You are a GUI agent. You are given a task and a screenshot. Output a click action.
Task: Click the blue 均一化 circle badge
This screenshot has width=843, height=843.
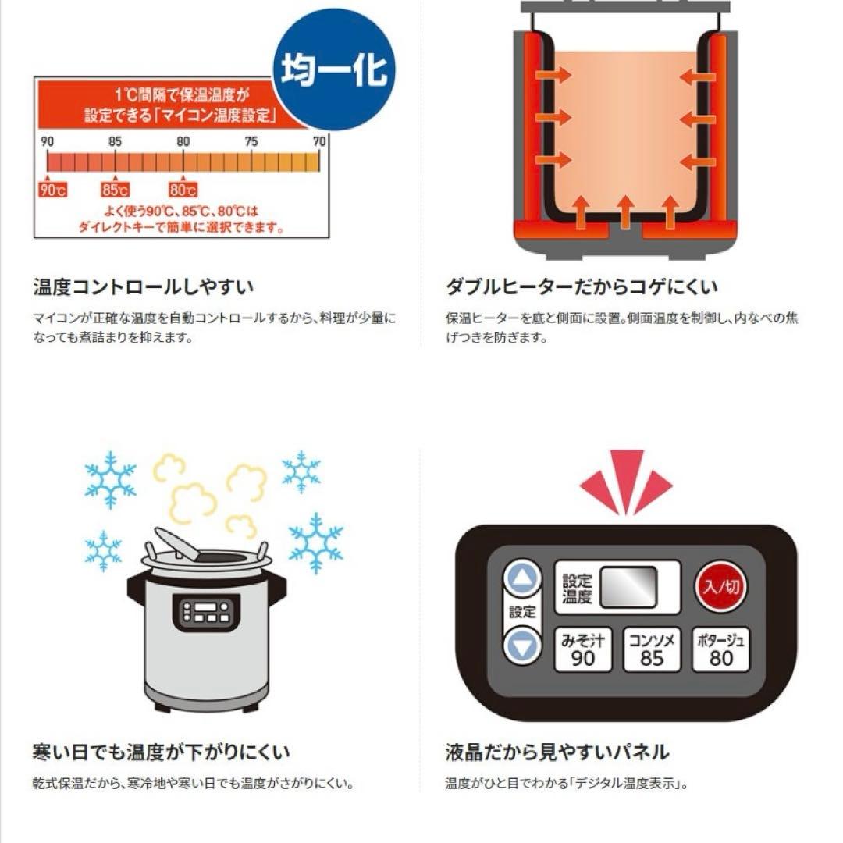tap(334, 69)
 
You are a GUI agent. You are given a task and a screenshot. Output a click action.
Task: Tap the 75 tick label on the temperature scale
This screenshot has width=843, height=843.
tap(251, 141)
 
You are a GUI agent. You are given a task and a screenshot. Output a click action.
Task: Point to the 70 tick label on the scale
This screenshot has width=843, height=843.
tap(319, 141)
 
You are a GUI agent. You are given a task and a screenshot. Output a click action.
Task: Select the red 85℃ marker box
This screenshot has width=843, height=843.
tap(115, 190)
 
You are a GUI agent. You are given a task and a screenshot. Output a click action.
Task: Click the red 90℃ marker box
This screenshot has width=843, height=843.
tap(53, 190)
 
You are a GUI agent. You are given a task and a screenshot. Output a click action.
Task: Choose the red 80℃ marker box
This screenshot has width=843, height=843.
tap(183, 190)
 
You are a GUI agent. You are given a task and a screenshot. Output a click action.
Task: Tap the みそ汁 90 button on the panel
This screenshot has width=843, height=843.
tap(583, 649)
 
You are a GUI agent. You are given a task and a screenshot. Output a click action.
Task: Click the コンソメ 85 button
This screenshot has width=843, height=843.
tap(652, 649)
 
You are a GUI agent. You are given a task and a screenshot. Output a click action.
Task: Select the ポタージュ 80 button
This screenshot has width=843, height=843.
tap(720, 649)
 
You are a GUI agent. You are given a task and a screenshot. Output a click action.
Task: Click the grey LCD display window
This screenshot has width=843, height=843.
tap(628, 587)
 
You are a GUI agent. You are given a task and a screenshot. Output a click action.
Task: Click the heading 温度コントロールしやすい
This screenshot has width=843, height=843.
tap(143, 286)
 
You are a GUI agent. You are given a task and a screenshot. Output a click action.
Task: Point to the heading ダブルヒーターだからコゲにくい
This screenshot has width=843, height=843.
tap(582, 286)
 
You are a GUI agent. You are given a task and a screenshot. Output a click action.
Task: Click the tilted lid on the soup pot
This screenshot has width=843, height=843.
tap(176, 544)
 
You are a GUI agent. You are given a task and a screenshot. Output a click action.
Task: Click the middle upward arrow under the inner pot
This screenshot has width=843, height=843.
tap(624, 212)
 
